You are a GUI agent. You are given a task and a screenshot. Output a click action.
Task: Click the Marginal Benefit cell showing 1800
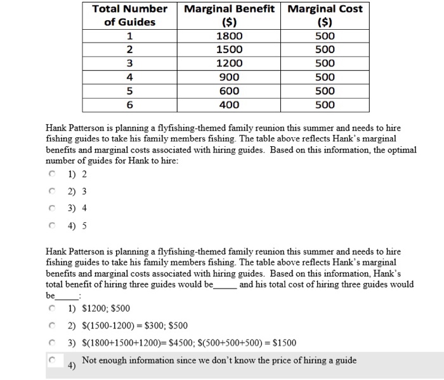tap(229, 36)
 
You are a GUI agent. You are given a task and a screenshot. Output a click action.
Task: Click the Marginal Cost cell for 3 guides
tap(325, 63)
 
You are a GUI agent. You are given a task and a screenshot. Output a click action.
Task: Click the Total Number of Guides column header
tap(130, 16)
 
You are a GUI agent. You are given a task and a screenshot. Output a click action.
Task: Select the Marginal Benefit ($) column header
tap(229, 16)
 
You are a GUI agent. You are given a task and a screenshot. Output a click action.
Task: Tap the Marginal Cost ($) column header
tap(325, 16)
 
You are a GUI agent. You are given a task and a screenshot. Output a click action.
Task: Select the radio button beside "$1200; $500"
tap(52, 309)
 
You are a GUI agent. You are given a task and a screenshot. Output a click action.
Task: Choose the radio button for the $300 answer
tap(52, 326)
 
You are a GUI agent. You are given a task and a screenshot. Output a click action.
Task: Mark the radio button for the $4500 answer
tap(52, 343)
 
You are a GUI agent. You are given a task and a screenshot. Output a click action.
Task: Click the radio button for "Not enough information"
tap(52, 360)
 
